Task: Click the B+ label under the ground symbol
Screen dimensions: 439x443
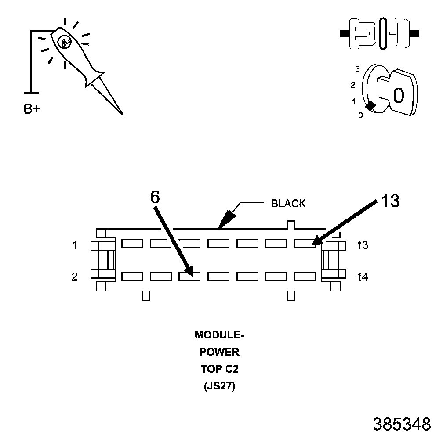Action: point(32,109)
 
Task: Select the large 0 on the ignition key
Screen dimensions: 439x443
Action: point(398,95)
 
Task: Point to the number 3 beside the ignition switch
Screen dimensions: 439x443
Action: point(358,69)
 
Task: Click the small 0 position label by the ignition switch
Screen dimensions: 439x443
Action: point(360,116)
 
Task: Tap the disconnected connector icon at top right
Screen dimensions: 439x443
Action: point(380,33)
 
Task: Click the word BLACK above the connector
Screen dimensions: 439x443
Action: point(288,203)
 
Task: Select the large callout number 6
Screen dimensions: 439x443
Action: point(155,197)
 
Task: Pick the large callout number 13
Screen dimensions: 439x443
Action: point(390,201)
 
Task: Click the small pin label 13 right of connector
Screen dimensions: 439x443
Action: point(362,245)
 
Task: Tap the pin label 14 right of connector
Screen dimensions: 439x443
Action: point(362,277)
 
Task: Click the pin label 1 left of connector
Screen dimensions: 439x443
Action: point(75,245)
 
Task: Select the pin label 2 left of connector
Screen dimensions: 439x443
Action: point(75,277)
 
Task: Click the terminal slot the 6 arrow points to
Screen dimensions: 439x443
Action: point(189,276)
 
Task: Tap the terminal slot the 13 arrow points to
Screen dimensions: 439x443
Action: point(305,243)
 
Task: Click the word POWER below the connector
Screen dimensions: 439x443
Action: point(219,352)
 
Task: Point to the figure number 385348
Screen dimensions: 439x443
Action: point(402,424)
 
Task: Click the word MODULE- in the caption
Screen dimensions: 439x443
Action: point(219,335)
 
